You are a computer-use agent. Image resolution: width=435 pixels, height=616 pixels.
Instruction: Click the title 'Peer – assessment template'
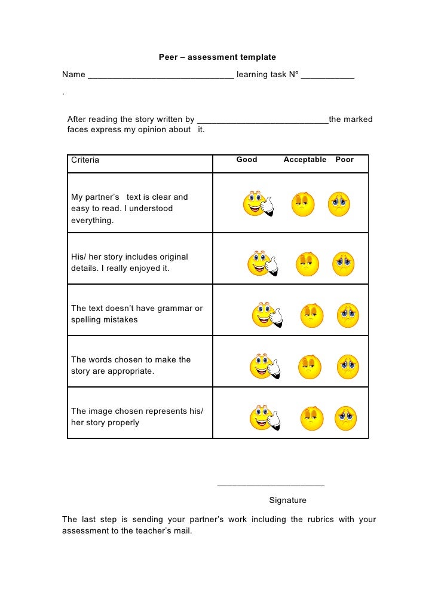coord(217,57)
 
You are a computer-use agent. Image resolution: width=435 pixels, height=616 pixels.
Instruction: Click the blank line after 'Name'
coord(161,77)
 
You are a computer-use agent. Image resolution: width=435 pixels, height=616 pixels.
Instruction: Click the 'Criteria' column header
coord(85,160)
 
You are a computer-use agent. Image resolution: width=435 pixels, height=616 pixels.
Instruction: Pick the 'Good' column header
coord(247,160)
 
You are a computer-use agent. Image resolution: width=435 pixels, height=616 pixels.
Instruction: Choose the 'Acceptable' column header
coord(305,160)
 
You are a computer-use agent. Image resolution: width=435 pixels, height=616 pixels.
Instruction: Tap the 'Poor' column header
coord(345,160)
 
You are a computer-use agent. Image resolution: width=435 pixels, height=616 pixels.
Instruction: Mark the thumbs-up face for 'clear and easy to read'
coord(257,204)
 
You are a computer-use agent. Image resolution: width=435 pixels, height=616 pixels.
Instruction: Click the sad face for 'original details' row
coord(344,264)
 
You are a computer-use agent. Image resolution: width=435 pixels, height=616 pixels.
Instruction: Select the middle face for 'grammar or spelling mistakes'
coord(311,315)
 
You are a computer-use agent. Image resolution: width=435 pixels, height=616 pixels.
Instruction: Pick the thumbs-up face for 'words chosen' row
coord(264,367)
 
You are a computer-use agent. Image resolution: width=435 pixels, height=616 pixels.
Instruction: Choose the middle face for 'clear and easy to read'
coord(302,204)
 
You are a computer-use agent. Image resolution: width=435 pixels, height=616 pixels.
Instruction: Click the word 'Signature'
coord(288,500)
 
